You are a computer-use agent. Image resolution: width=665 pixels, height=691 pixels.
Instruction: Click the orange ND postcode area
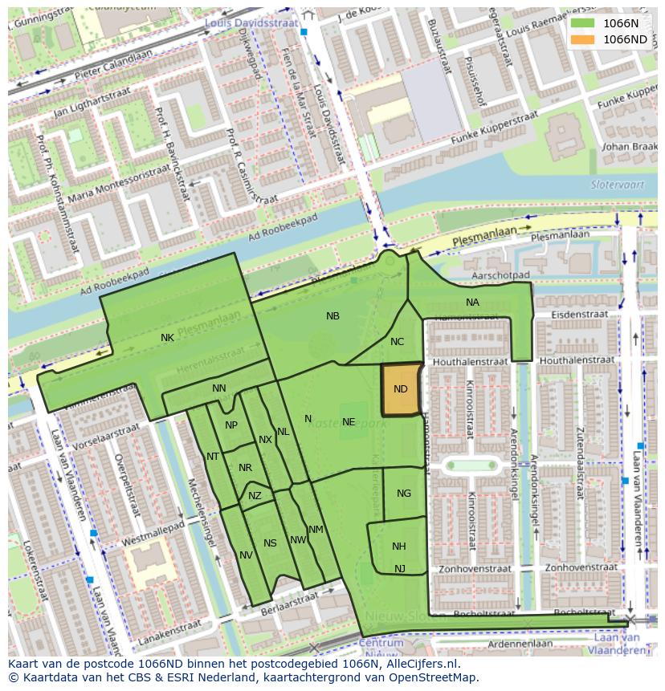(x=401, y=389)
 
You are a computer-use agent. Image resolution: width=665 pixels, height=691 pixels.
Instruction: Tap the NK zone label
(x=167, y=338)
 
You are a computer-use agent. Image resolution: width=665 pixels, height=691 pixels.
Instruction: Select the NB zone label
(x=332, y=316)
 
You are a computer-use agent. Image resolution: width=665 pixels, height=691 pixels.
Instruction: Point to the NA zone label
(x=472, y=303)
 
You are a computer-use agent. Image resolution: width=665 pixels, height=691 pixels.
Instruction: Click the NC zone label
(x=397, y=342)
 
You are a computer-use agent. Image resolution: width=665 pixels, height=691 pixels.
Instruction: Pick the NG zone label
(x=404, y=494)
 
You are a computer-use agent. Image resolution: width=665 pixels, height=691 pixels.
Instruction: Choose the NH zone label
(x=399, y=547)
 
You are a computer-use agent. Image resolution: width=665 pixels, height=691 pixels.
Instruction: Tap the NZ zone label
(x=255, y=496)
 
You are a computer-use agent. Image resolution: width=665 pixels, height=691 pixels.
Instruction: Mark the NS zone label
(x=270, y=543)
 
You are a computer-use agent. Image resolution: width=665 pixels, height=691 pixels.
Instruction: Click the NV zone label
(x=246, y=555)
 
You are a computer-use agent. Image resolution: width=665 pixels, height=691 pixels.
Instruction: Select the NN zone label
(x=219, y=388)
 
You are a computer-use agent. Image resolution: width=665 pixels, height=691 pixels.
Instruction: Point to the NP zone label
(x=231, y=425)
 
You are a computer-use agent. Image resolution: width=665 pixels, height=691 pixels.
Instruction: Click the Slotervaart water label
(x=613, y=184)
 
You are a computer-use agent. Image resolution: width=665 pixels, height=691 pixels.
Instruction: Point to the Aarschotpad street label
(x=499, y=274)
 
